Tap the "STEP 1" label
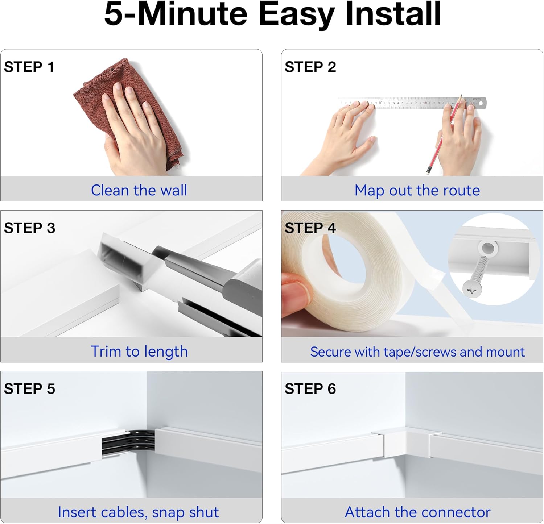coord(29,67)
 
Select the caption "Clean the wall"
coord(139,190)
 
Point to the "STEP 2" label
coord(310,67)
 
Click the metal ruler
coord(412,103)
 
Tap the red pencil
coord(444,134)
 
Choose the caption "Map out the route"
coord(417,191)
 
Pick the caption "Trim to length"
coord(139,352)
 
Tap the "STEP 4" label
coord(310,228)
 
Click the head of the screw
coord(472,289)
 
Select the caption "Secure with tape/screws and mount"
coord(417,352)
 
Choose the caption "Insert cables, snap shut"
coord(138,512)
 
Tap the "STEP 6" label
coord(310,389)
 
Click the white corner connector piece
coord(406,444)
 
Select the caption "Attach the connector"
coord(417,512)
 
